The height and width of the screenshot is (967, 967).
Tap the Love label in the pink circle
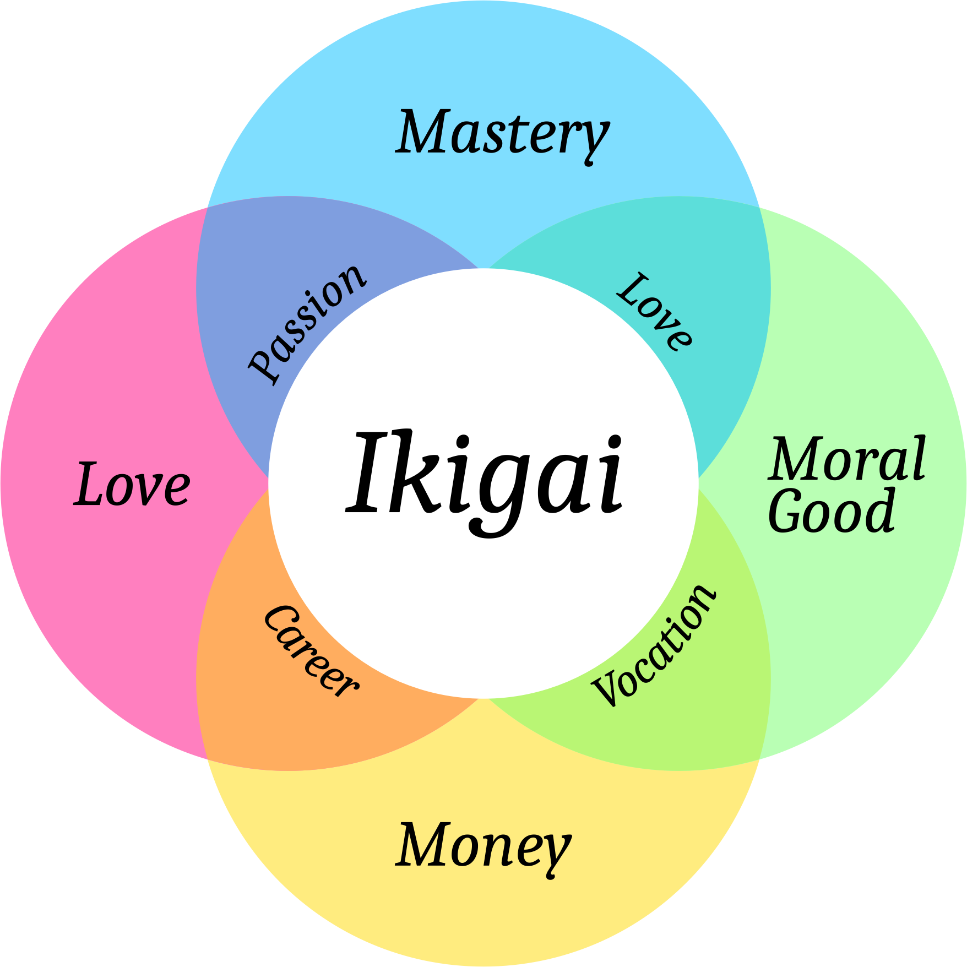[132, 485]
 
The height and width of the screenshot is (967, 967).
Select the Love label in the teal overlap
[654, 311]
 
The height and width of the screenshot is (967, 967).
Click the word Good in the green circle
[832, 511]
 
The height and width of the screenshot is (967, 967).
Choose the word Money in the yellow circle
[484, 845]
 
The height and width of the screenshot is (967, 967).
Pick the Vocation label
[654, 645]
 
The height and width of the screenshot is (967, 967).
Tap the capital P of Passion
[263, 366]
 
